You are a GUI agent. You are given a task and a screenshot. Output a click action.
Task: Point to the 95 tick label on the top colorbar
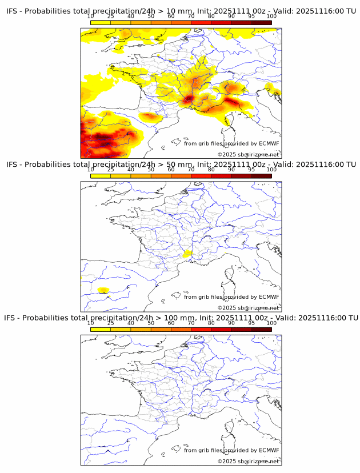251,17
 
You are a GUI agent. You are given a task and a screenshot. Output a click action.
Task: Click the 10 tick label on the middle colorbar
91,170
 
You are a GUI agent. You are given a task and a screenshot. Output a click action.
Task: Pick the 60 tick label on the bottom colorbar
171,323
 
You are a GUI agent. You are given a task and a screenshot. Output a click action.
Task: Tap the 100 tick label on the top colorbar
271,17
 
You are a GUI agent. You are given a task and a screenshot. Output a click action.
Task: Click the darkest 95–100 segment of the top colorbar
261,22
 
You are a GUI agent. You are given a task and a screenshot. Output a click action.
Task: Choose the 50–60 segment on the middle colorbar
161,175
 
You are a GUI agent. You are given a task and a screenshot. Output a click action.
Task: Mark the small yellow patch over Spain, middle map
103,290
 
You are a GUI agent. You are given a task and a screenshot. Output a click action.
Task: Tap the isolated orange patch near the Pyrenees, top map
150,117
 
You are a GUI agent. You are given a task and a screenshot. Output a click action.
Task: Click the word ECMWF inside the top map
269,143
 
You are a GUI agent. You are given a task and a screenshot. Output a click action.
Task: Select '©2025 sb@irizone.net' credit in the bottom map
248,461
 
